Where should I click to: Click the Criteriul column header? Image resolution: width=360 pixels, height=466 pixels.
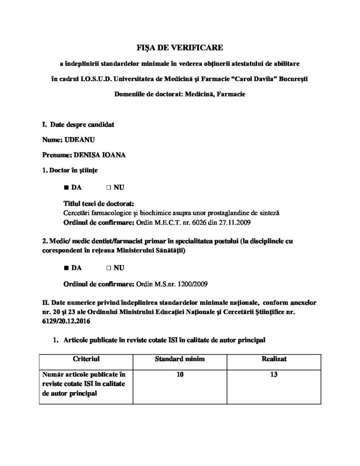(86, 359)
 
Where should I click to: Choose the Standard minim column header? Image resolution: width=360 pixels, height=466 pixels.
(179, 359)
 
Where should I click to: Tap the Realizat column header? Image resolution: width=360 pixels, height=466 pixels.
(274, 359)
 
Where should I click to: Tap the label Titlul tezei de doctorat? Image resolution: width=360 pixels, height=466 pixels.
(97, 204)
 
